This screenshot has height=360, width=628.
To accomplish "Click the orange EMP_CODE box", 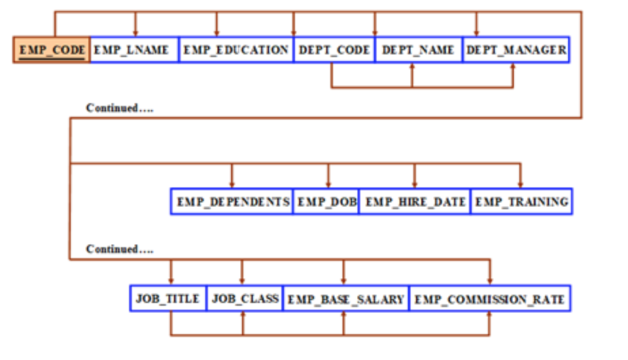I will (x=52, y=50).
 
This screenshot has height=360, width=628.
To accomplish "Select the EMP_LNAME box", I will (x=134, y=50).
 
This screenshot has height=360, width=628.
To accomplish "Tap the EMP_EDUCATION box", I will (x=236, y=50).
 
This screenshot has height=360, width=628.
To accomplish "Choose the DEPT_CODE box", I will (x=334, y=50).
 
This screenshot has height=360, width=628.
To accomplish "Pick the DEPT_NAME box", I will (x=418, y=50).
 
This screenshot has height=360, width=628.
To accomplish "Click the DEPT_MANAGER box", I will (x=516, y=50).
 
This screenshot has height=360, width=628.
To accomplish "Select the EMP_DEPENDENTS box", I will (x=232, y=202).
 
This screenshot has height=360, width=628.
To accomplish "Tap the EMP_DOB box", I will (x=326, y=202).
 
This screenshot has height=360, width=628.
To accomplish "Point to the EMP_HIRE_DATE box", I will (x=415, y=202).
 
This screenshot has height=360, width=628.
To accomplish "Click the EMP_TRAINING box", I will (x=521, y=202).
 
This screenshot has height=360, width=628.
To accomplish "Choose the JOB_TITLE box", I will (x=168, y=299).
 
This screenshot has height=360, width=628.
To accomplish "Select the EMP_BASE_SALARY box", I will (x=345, y=299).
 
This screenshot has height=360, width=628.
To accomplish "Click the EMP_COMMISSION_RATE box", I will (x=489, y=299).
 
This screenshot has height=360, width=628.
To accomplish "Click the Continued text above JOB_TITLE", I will (x=120, y=249).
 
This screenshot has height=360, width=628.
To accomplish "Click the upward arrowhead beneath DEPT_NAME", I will (x=412, y=67).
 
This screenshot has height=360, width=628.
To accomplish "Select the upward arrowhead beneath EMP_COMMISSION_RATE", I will (x=489, y=316).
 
